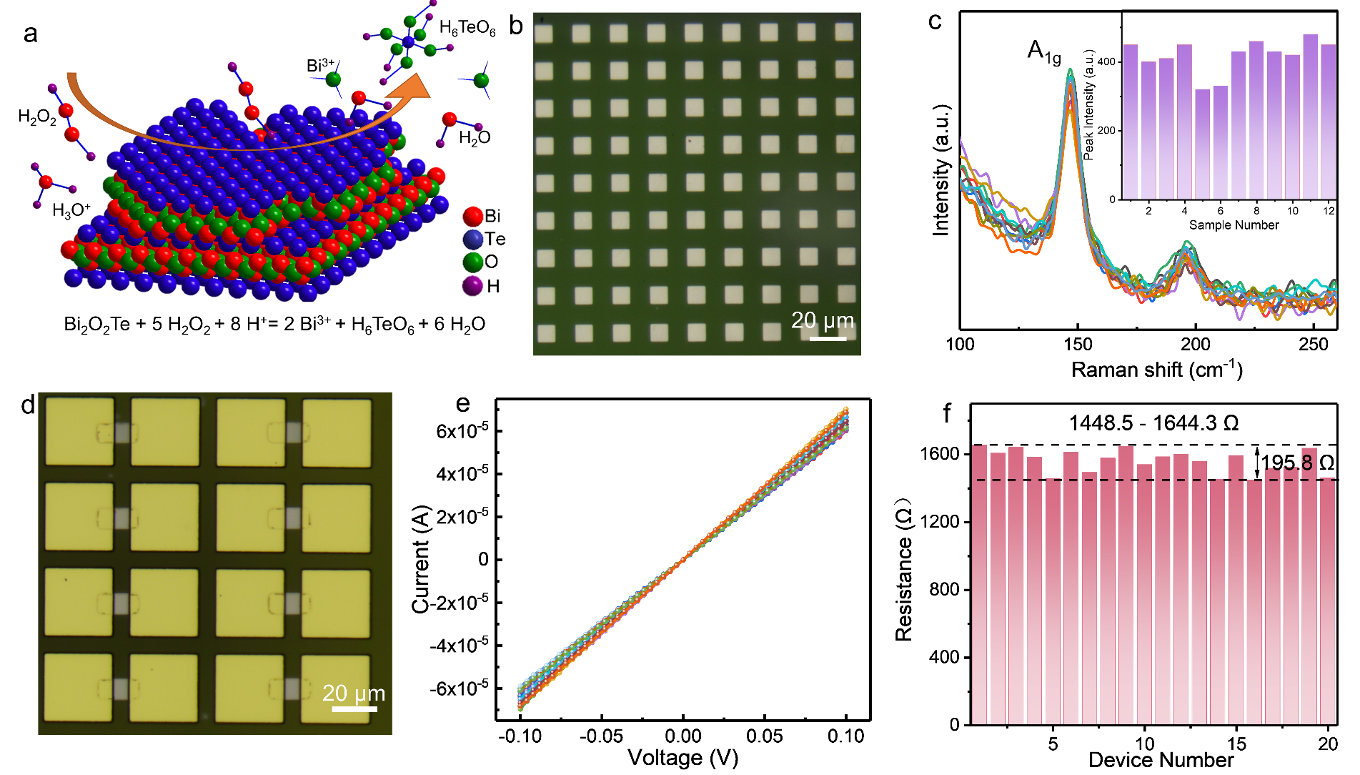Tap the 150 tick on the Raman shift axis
(x=1077, y=344)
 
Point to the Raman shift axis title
(x=1156, y=370)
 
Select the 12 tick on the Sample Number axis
(x=1329, y=211)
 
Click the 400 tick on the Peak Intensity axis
(x=1106, y=62)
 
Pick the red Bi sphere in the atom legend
(x=472, y=217)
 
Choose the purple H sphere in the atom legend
(x=472, y=286)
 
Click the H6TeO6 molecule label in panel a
(x=467, y=29)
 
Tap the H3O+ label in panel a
(x=71, y=210)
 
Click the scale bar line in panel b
(x=828, y=338)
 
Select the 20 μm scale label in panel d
(x=354, y=693)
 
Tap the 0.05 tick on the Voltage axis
(x=765, y=736)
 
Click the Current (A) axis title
(x=421, y=559)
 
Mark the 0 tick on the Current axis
(x=483, y=559)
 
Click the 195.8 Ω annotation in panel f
(x=1297, y=463)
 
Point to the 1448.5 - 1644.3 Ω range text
(x=1153, y=423)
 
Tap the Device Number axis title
(x=1161, y=760)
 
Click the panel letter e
(x=463, y=404)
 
